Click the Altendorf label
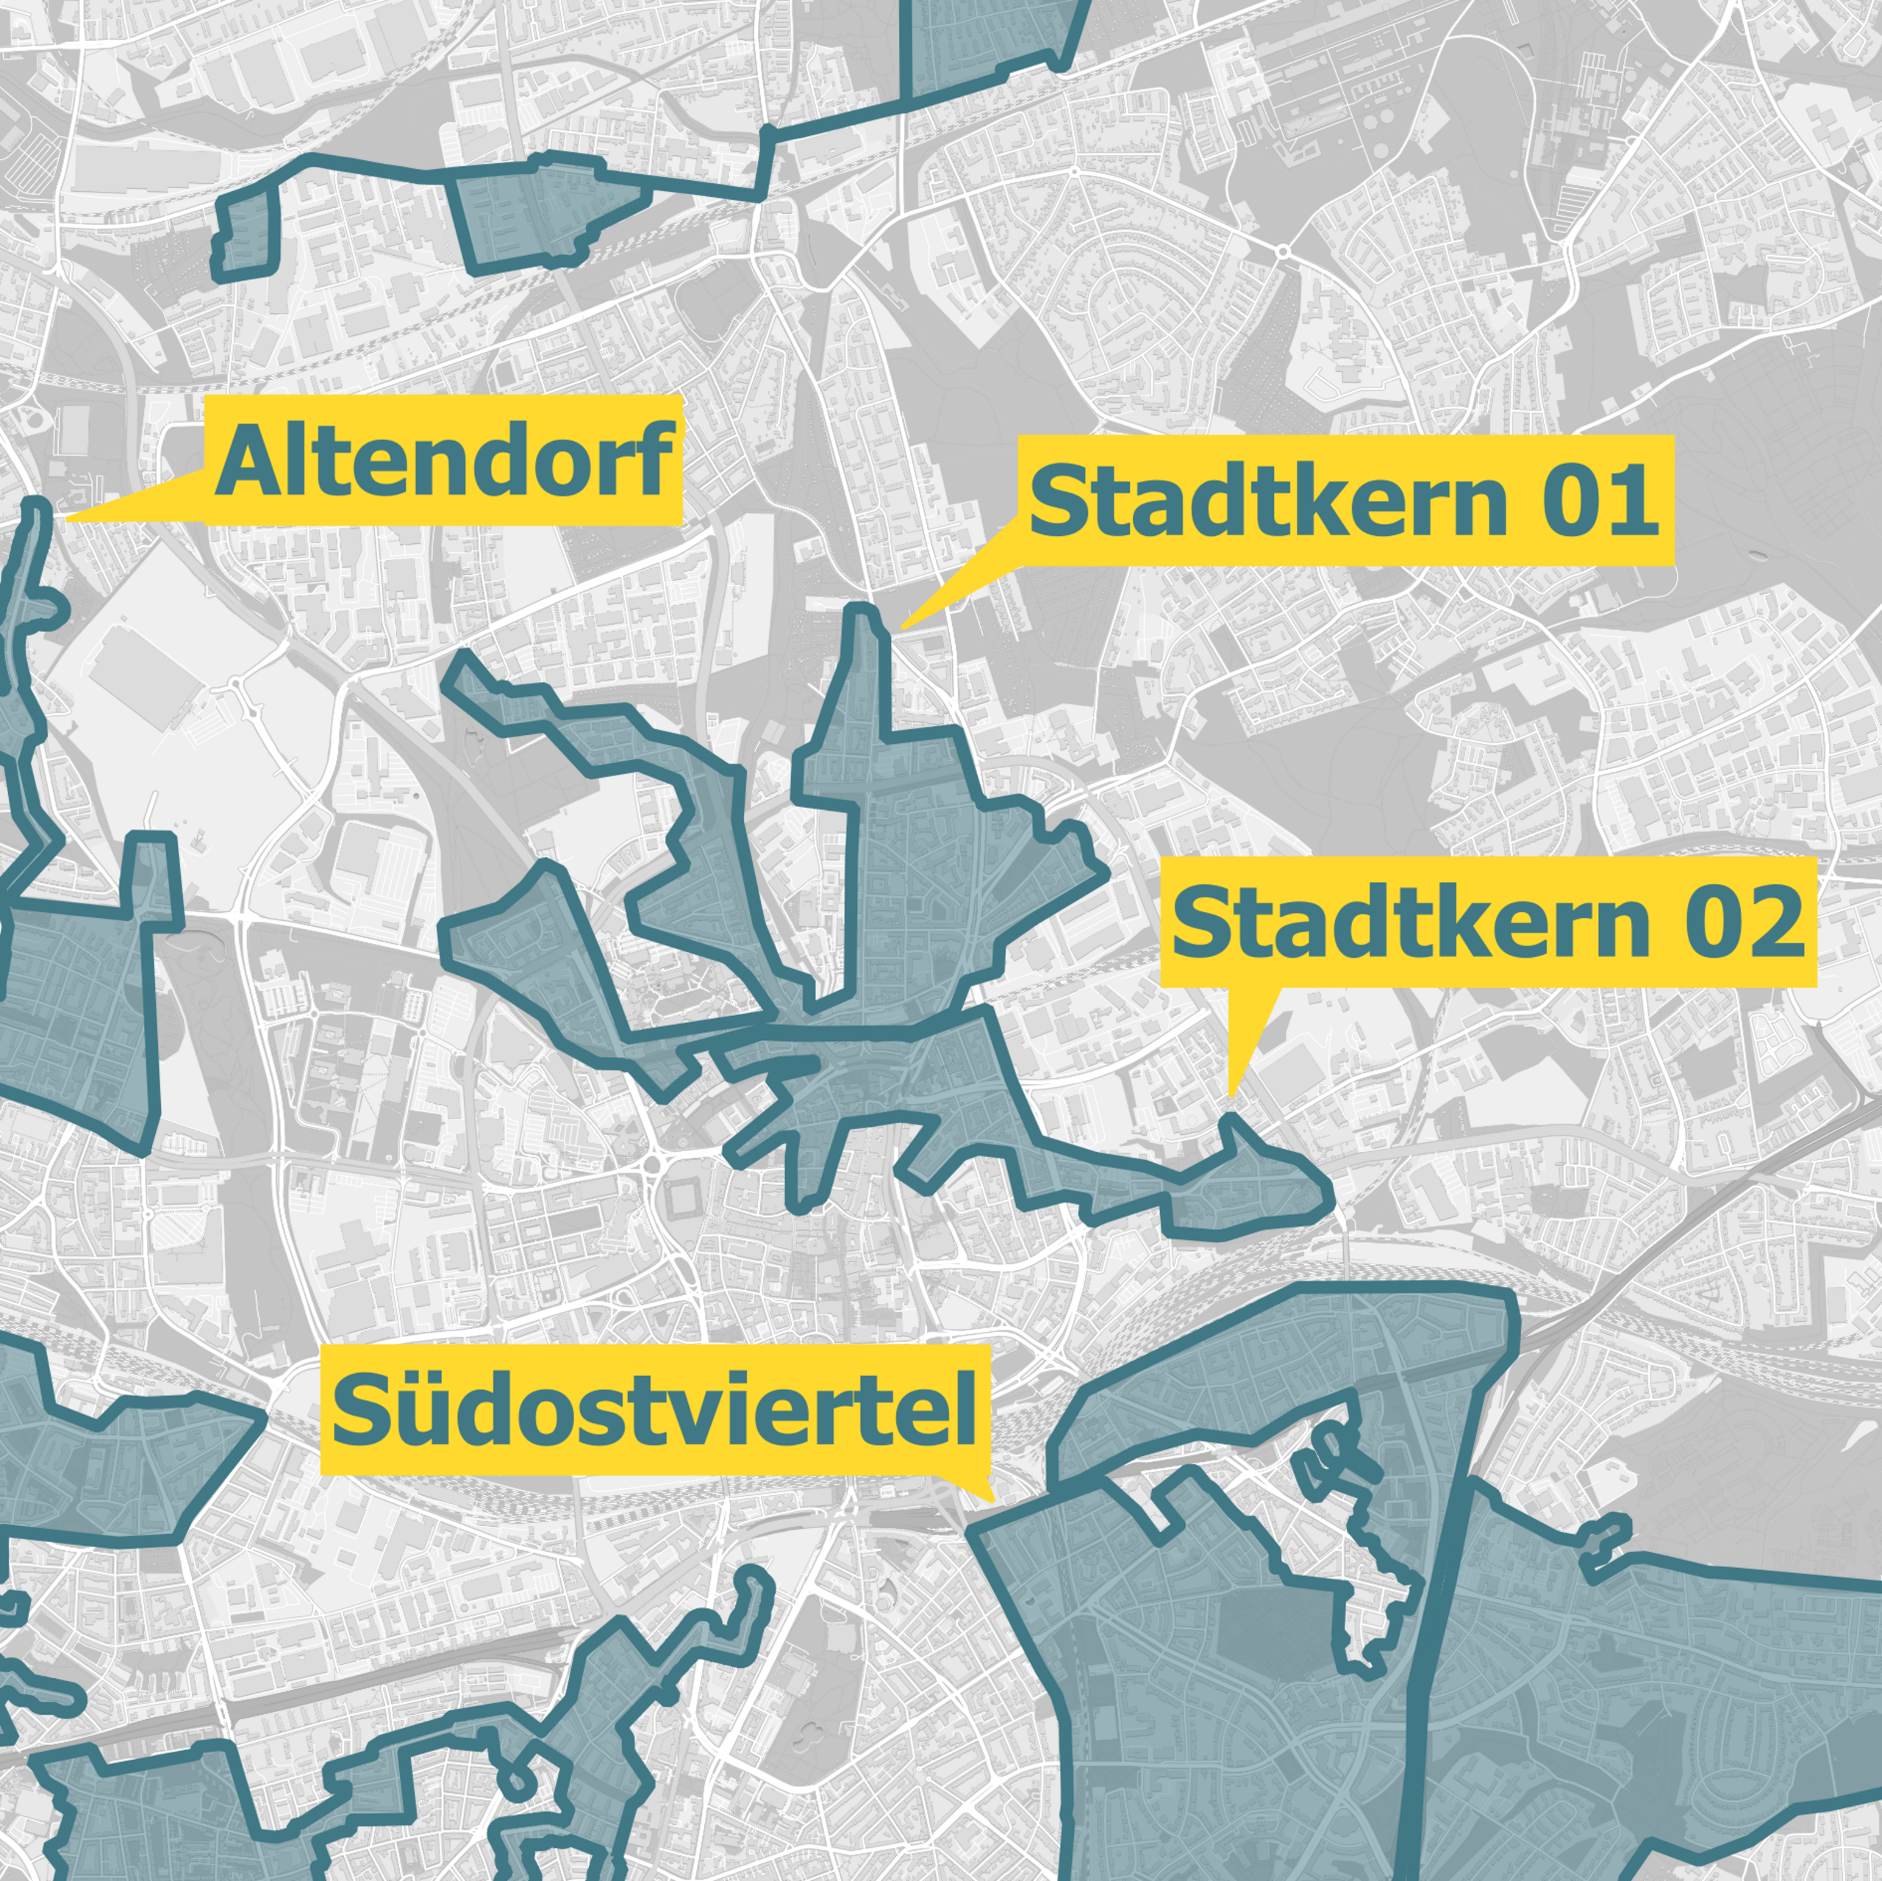point(443,461)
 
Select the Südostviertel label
point(654,1410)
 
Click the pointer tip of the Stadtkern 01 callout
point(902,626)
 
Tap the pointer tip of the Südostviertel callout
point(992,1500)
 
